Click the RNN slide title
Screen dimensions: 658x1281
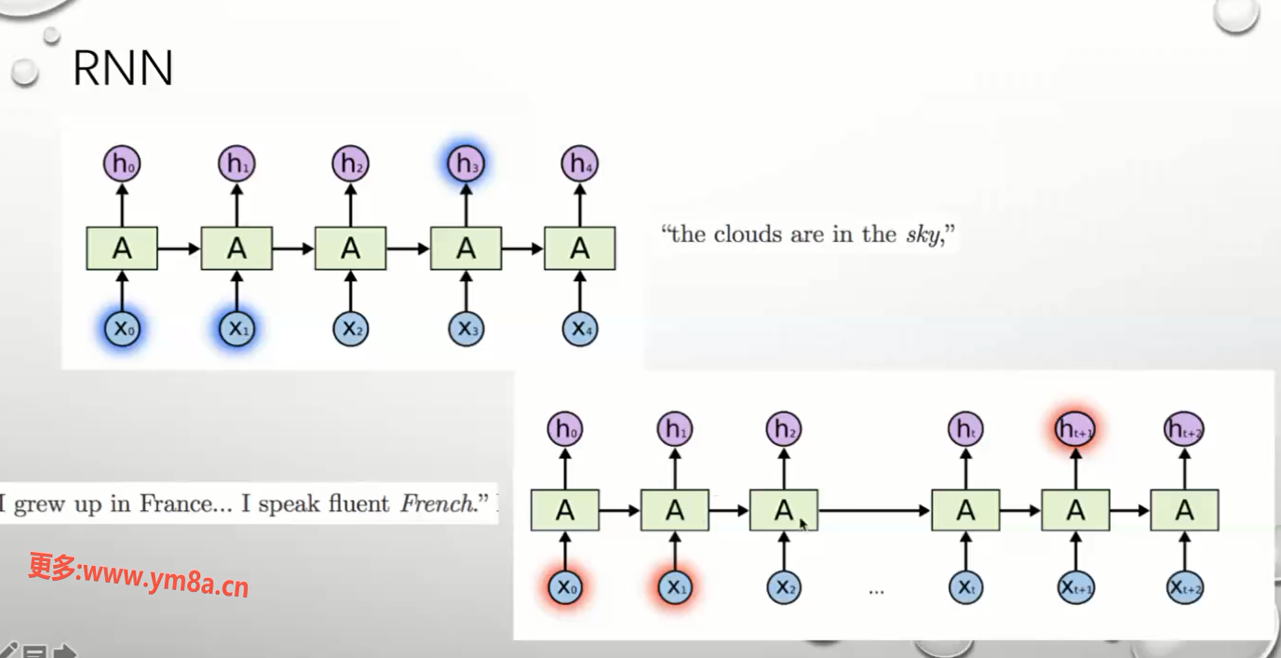(123, 68)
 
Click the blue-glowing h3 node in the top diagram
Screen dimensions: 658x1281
(464, 165)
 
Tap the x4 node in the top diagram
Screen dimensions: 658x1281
(579, 329)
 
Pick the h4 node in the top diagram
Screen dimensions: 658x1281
(579, 165)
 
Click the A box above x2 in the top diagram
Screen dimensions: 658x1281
(350, 248)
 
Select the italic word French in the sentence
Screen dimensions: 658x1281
(436, 504)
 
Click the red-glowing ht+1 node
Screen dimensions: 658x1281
(1075, 429)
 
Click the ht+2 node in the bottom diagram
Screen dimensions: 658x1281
(1184, 429)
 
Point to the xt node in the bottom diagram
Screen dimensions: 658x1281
(965, 587)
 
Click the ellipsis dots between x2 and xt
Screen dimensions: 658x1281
(875, 590)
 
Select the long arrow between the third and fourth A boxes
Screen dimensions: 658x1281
(874, 510)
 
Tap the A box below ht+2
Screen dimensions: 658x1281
(1184, 510)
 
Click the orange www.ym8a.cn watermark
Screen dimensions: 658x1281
(138, 576)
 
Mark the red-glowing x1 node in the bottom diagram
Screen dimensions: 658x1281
(675, 587)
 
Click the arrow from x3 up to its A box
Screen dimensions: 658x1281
(465, 290)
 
